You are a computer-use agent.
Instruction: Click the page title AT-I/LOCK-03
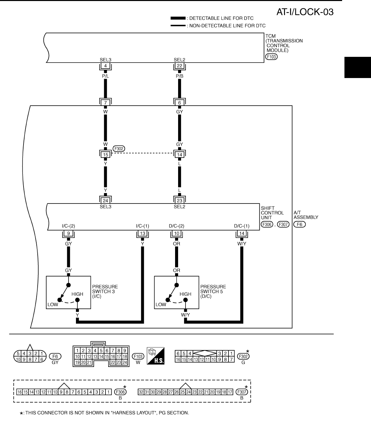(x=305, y=12)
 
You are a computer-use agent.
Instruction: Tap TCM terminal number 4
(x=106, y=66)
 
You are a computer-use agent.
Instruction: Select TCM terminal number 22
(x=179, y=66)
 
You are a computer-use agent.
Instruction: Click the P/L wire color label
(x=106, y=76)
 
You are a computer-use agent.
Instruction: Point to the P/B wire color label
(x=179, y=76)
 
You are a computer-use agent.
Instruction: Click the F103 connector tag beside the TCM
(x=271, y=57)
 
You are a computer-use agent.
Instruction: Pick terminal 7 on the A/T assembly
(x=106, y=103)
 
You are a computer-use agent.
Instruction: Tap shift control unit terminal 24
(x=106, y=201)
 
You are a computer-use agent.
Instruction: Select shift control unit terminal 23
(x=179, y=201)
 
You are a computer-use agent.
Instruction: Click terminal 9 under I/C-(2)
(x=69, y=233)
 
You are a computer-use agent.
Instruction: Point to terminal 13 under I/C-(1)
(x=142, y=233)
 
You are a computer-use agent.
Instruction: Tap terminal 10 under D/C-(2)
(x=176, y=233)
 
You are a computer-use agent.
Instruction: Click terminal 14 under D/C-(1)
(x=242, y=233)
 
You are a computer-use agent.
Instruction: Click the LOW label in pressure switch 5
(x=161, y=305)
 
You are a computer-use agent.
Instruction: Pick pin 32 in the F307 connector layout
(x=141, y=392)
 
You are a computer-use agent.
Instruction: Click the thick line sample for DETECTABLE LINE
(x=178, y=18)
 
